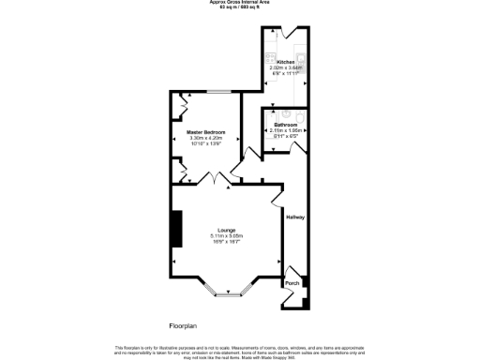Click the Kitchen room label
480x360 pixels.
point(286,62)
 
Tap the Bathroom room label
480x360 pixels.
point(286,125)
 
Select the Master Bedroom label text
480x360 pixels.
point(206,132)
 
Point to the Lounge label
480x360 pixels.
point(226,229)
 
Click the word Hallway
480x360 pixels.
point(296,217)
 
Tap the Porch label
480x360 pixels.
point(292,282)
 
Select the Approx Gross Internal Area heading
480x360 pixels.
point(240,3)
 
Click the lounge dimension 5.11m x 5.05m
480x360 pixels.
point(226,235)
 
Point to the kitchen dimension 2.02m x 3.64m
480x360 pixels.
point(286,67)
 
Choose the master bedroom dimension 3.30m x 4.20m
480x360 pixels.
point(206,138)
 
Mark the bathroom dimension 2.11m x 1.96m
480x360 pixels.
point(286,130)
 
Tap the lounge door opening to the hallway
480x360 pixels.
point(278,198)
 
